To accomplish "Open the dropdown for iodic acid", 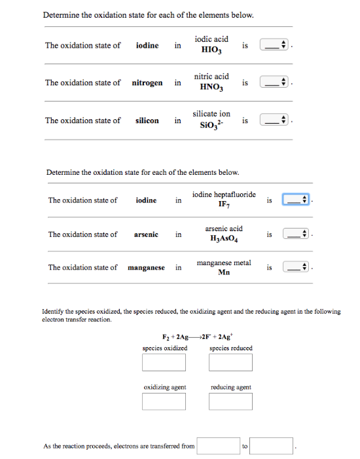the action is (274, 46).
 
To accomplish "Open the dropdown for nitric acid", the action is (274, 83).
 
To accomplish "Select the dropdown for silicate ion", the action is (274, 120).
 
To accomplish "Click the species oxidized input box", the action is (164, 362).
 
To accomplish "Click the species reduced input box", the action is (230, 362).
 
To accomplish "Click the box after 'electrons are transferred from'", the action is (218, 447).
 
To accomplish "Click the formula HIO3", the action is (211, 50).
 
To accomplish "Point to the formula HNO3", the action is (211, 87).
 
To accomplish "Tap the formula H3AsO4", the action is (223, 239).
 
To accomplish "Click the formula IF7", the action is (224, 205).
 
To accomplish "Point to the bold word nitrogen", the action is (147, 83).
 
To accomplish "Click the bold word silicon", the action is (147, 120).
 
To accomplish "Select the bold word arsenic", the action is (146, 234).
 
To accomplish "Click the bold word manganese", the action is (147, 267).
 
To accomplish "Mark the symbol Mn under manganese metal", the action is (223, 272).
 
